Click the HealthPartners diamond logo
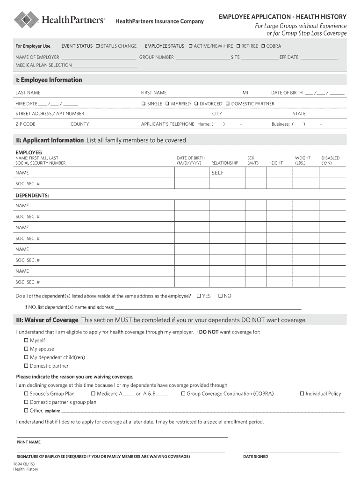pos(26,20)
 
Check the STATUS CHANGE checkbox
pos(98,46)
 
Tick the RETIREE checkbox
pos(238,46)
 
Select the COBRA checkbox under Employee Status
pos(263,46)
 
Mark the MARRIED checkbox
pos(167,104)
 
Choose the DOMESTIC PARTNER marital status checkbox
pos(228,104)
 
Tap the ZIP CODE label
pos(25,124)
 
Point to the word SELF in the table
pos(218,173)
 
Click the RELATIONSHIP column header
pos(224,163)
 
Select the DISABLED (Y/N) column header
pos(330,160)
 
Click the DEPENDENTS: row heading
pos(32,195)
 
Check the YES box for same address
pos(199,296)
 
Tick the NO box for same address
pos(220,296)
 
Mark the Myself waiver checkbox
pos(26,341)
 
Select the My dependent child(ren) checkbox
pos(26,357)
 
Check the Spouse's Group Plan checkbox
pos(26,394)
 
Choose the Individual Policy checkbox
pos(302,394)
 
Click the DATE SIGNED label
pos(255,457)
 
